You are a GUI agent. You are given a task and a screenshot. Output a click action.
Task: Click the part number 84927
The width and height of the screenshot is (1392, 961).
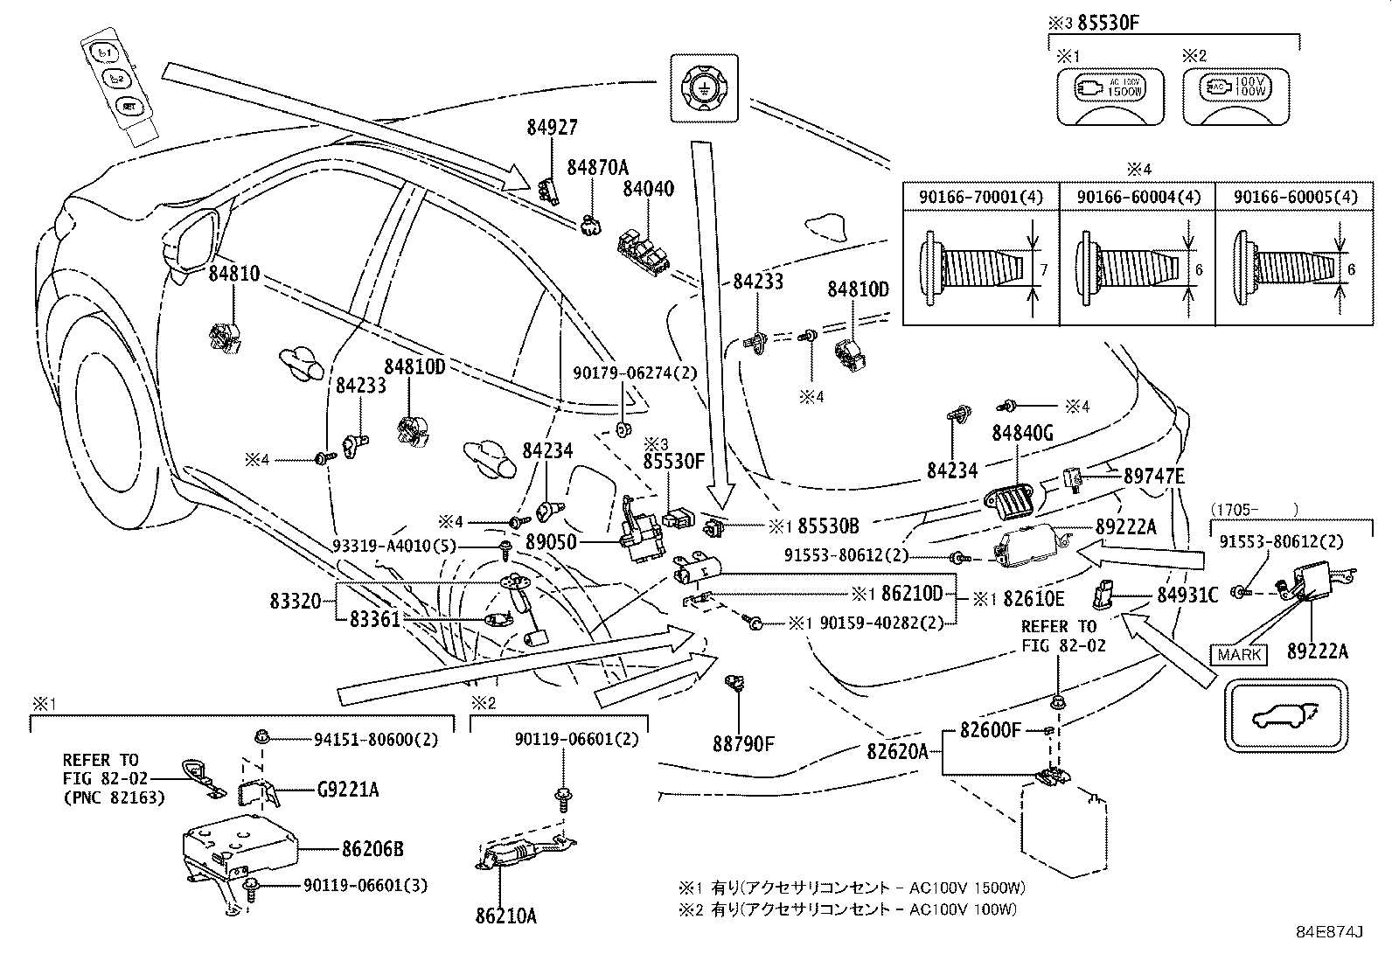552,128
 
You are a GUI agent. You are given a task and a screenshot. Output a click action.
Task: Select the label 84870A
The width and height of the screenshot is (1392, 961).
598,167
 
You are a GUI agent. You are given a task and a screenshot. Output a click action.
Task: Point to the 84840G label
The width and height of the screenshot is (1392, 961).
1022,433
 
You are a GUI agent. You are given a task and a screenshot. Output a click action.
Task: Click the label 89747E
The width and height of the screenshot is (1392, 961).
1153,477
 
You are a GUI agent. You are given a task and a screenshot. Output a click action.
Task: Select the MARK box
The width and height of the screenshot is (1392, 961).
1239,653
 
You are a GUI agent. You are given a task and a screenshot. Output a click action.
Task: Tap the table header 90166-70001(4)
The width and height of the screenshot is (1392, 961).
980,198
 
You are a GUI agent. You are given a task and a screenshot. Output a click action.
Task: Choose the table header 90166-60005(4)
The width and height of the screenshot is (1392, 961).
1296,198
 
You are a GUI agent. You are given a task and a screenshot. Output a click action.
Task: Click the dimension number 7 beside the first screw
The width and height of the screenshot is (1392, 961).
1042,271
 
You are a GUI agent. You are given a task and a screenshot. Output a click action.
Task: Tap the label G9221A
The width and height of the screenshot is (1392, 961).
348,790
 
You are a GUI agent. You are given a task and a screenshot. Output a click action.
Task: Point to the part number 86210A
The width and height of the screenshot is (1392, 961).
506,916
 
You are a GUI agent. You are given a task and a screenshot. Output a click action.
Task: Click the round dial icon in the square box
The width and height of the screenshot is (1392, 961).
704,87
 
